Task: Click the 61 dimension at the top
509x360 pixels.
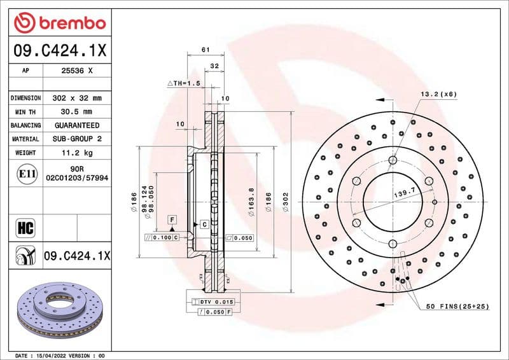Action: [x=205, y=50]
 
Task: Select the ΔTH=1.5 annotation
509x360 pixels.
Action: [x=184, y=83]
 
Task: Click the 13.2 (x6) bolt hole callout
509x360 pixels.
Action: [x=438, y=94]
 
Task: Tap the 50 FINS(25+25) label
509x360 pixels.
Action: [x=457, y=307]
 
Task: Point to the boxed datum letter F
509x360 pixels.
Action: [x=172, y=219]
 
